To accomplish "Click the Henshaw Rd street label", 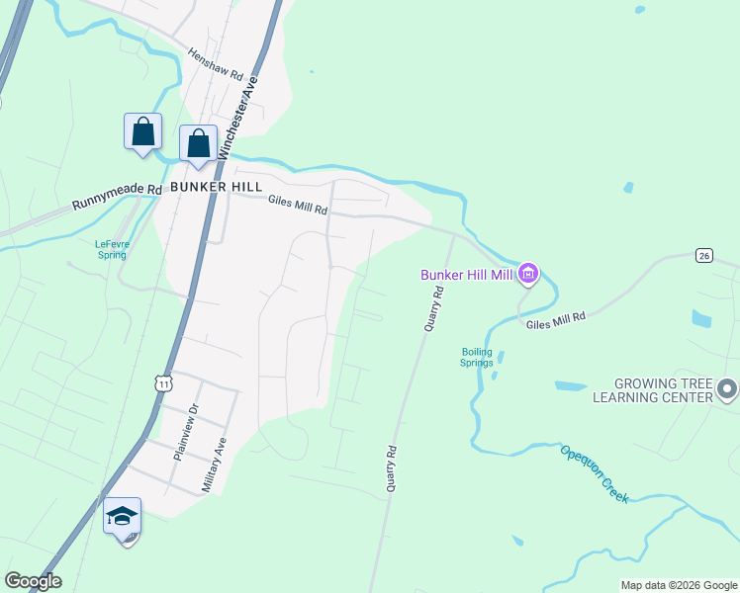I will [215, 65].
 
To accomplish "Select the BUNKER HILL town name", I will [216, 186].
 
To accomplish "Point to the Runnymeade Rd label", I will [116, 198].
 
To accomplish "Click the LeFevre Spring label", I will [110, 248].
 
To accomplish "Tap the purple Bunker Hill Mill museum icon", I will [528, 274].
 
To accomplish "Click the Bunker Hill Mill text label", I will [467, 275].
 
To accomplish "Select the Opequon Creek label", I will [594, 473].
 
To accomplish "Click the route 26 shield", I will [703, 255].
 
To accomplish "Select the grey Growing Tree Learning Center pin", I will [728, 389].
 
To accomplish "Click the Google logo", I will [33, 581].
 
